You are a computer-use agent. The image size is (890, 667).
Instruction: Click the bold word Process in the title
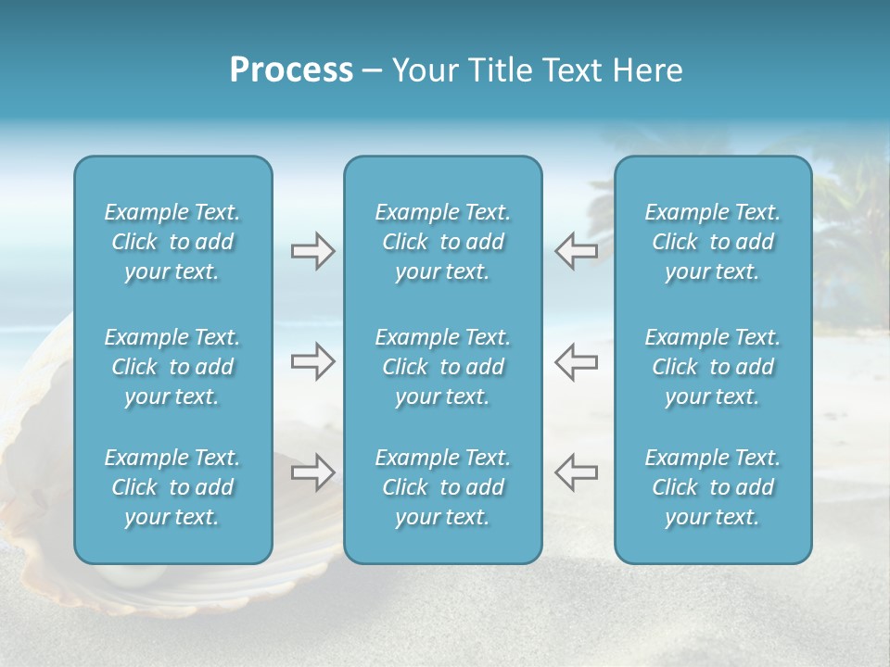[x=291, y=70]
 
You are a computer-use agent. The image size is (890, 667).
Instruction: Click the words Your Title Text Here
[x=537, y=70]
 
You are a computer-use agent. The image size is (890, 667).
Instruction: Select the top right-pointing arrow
[x=312, y=251]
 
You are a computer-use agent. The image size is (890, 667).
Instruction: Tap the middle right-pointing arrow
[x=312, y=361]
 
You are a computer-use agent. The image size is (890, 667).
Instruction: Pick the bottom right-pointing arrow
[x=312, y=472]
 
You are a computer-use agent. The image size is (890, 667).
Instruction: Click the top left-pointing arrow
[x=576, y=251]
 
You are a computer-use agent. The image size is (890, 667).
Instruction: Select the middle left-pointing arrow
[x=576, y=361]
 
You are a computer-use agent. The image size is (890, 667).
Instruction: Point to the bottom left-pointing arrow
[x=576, y=472]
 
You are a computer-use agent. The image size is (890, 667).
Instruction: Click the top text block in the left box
[x=172, y=242]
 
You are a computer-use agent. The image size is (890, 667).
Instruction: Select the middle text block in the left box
[x=172, y=367]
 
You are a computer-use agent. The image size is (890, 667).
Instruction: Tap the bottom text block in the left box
[x=172, y=487]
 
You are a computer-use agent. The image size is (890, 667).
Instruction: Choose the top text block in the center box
[x=442, y=242]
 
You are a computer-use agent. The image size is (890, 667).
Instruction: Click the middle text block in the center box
[x=442, y=367]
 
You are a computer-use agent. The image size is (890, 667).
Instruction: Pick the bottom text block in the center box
[x=442, y=487]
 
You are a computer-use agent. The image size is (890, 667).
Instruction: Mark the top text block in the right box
[x=712, y=242]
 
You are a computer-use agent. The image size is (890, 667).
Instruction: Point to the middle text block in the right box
[x=712, y=367]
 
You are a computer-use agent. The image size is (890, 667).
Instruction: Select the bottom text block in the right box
[x=712, y=487]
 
